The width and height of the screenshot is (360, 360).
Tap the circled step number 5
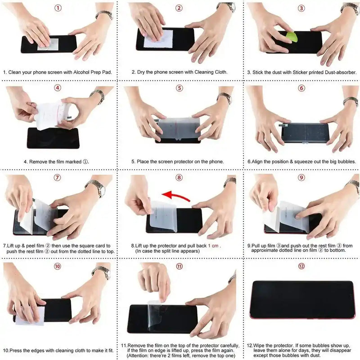point(180,88)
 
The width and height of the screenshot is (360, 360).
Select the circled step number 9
point(301,177)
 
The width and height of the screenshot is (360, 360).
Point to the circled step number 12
point(301,266)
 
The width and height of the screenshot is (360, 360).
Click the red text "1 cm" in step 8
point(214,245)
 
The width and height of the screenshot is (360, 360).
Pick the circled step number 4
point(57,88)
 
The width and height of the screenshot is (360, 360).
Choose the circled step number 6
point(301,88)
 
